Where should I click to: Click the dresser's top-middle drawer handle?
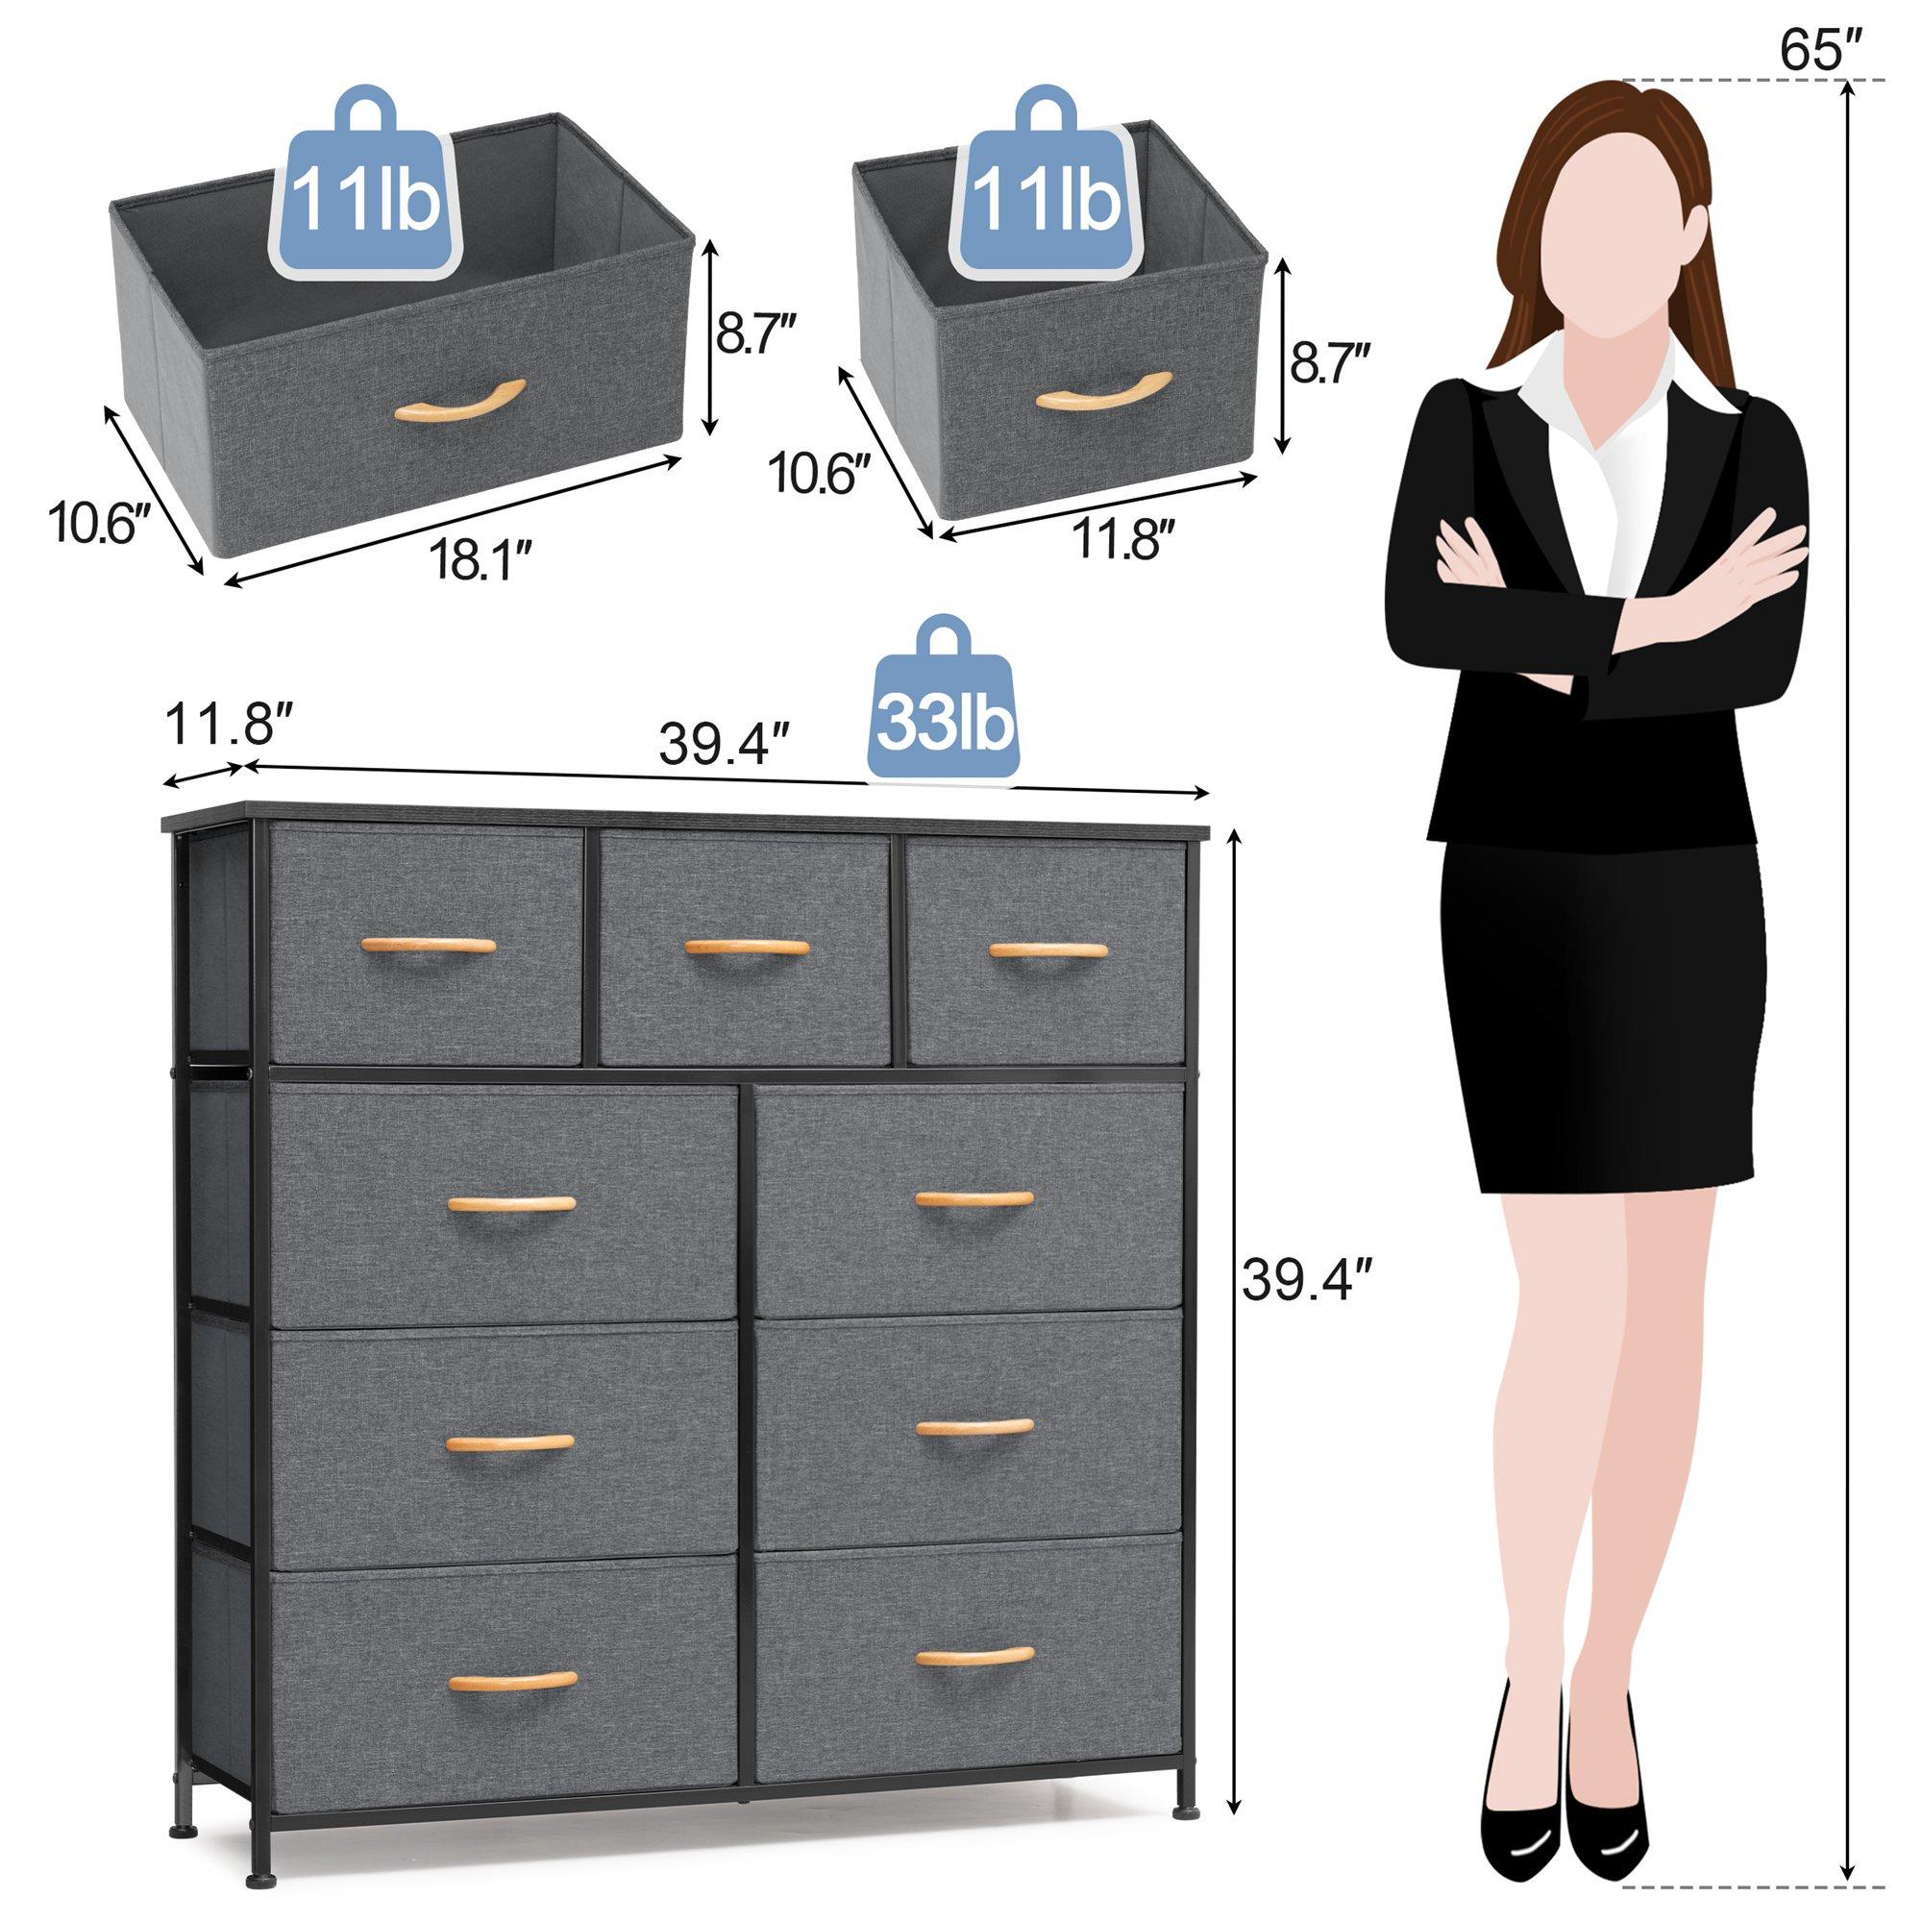tap(746, 949)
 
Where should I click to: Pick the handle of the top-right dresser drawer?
tap(1047, 950)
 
